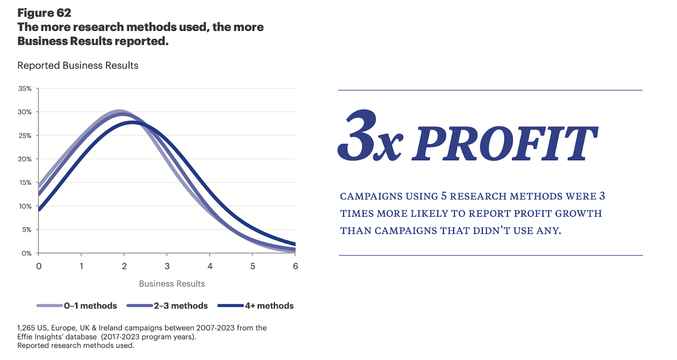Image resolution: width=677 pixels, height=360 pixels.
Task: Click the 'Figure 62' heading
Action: click(44, 13)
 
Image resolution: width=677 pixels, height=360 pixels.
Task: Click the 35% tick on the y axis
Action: click(25, 88)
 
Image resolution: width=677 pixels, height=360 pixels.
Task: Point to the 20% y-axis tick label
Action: click(25, 159)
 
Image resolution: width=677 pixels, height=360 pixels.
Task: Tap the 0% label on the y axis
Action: click(27, 253)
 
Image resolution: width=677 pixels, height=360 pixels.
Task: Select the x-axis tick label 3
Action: click(167, 266)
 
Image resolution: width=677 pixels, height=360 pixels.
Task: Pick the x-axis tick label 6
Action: click(295, 266)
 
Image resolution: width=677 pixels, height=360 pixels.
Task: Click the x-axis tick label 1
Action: click(81, 266)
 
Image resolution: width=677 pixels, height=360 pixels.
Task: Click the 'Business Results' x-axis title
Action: click(172, 284)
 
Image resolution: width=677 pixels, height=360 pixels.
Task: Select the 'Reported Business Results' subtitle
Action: click(78, 66)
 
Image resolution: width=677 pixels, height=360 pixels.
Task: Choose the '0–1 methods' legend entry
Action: click(90, 306)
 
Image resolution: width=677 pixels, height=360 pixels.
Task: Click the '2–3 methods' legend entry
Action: click(181, 306)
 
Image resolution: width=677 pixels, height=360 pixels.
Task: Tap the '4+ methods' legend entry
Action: click(269, 306)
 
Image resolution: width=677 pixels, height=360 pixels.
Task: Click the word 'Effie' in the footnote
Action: click(26, 337)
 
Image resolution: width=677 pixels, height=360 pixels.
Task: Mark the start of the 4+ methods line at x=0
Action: click(39, 209)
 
